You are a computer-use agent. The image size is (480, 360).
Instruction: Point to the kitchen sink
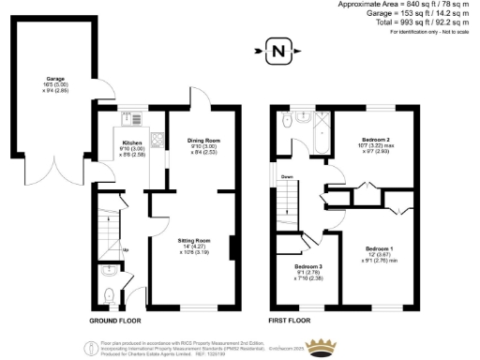click(130, 119)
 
